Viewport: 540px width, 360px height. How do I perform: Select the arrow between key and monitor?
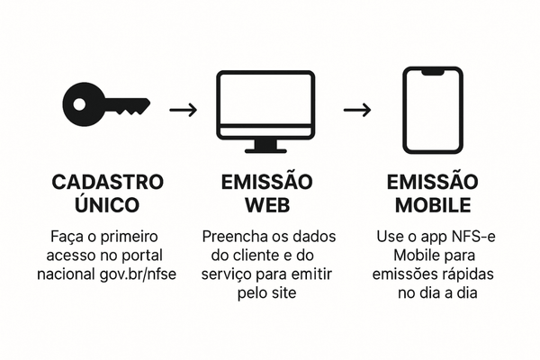[184, 110]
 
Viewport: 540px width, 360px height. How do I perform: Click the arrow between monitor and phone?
[357, 110]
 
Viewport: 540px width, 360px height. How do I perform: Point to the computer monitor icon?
[265, 106]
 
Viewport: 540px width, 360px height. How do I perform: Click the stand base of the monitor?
[265, 148]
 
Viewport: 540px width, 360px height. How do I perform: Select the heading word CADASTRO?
[108, 183]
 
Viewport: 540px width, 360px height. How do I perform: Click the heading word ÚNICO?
[108, 205]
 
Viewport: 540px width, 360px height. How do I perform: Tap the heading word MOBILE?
[436, 205]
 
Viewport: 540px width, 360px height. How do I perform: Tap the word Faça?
[67, 237]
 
